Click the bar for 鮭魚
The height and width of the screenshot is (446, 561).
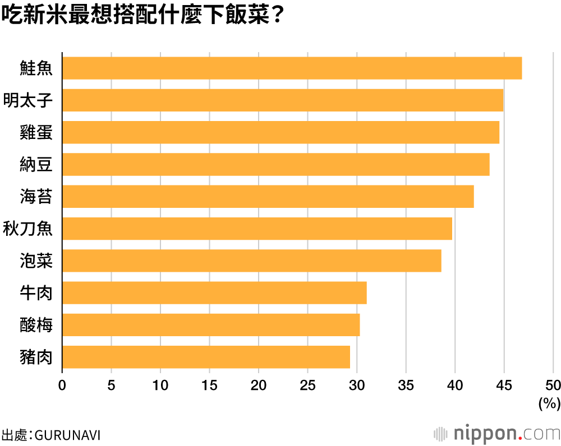[292, 68]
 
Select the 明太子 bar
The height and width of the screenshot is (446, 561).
[282, 100]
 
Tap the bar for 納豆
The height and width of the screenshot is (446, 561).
[275, 165]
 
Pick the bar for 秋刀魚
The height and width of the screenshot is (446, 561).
[257, 229]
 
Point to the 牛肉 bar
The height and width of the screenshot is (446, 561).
[214, 293]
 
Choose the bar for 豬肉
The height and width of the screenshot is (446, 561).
[206, 357]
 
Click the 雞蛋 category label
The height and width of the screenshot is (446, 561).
[36, 132]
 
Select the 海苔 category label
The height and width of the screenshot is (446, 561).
[36, 197]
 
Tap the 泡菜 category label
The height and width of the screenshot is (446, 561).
[36, 261]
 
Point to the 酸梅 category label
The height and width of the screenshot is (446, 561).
[36, 325]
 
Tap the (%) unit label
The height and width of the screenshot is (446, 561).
[549, 403]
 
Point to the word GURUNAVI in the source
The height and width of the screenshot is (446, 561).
[68, 435]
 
